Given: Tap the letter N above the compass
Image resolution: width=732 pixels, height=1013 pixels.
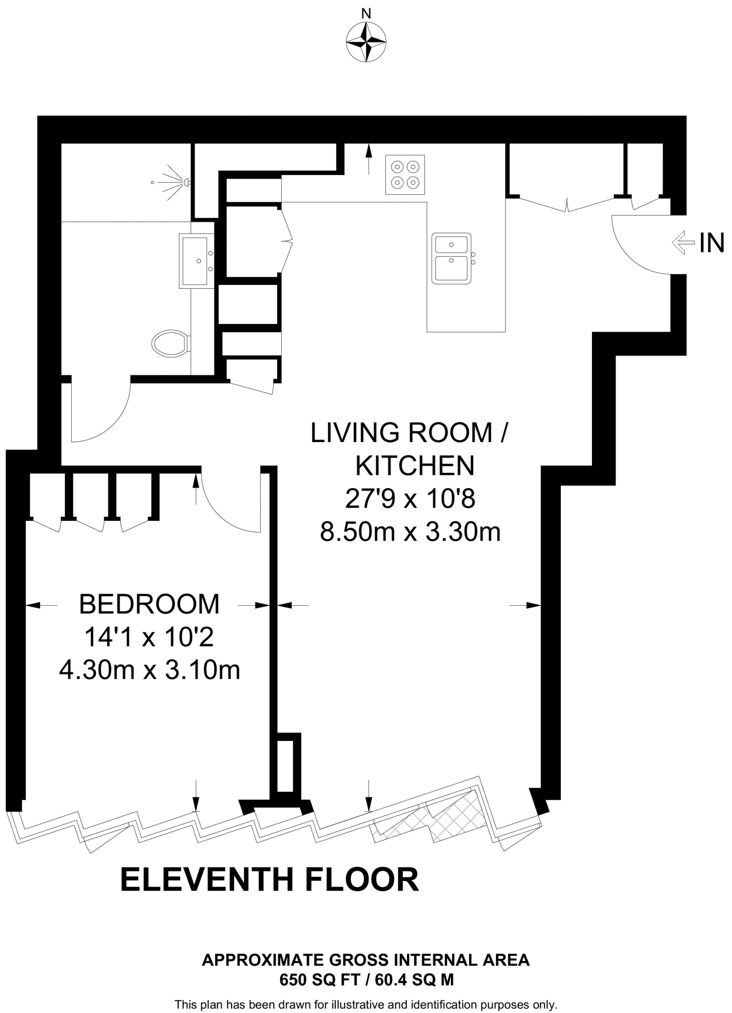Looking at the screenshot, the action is pyautogui.click(x=366, y=13).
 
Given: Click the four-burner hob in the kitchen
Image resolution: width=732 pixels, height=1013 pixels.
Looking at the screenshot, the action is pyautogui.click(x=405, y=175).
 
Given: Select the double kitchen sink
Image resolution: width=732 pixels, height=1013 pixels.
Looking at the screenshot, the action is pyautogui.click(x=451, y=258).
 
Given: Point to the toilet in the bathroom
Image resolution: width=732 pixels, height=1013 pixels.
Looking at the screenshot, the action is pyautogui.click(x=170, y=343).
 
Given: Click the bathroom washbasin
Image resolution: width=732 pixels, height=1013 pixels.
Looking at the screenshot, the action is pyautogui.click(x=196, y=261).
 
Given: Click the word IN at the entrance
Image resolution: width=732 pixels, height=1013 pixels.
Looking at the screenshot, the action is pyautogui.click(x=711, y=243).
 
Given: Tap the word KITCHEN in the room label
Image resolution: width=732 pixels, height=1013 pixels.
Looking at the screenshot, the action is pyautogui.click(x=415, y=465).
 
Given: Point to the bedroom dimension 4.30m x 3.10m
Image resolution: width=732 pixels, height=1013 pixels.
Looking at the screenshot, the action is pyautogui.click(x=149, y=671).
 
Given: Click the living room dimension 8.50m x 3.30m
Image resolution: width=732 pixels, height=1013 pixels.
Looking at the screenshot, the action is pyautogui.click(x=410, y=532).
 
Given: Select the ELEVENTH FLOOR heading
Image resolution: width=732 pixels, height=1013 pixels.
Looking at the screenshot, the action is pyautogui.click(x=270, y=879).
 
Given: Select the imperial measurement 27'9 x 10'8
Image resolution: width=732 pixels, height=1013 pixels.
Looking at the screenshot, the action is pyautogui.click(x=410, y=499).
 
